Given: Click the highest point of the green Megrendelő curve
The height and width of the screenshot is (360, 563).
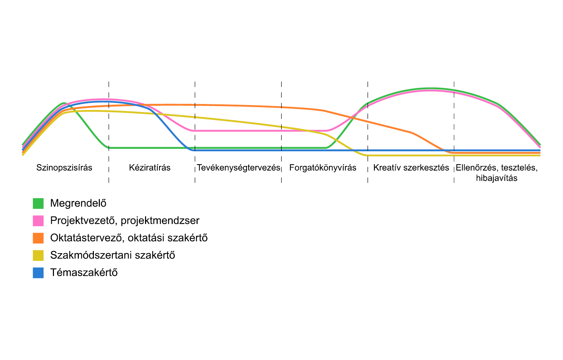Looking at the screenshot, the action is pos(431,88).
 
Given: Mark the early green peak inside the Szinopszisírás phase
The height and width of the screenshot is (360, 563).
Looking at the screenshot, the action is pos(64,103).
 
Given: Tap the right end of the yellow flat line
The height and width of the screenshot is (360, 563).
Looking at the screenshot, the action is pos(540,155).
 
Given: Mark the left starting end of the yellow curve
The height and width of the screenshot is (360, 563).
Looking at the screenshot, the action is pos(23,155).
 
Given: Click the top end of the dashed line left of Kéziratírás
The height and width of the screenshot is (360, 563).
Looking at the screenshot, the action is pos(109,82).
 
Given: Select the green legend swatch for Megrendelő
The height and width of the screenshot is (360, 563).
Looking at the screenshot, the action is pos(38,203).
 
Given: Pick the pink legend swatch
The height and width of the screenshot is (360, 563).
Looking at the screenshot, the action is pos(38,221).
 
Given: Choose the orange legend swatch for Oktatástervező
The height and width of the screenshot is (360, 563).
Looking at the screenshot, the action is pos(38,238).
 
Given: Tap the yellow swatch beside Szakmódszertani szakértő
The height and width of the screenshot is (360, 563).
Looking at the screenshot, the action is pos(38,256).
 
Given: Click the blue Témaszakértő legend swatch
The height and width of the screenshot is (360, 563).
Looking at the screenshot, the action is pos(38,273).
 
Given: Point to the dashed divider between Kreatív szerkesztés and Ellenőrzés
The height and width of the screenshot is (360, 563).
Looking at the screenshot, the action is pos(454,132).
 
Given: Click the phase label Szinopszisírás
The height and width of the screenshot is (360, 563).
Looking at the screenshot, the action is pos(64,168).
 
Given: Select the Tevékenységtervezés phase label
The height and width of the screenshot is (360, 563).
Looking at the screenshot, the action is pos(239,168).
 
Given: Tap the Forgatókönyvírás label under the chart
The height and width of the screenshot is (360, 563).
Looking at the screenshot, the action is pos(323,168).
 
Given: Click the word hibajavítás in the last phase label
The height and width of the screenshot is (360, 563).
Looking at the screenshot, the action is pos(497,178).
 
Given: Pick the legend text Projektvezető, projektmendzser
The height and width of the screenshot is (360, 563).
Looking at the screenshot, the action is pos(125,221).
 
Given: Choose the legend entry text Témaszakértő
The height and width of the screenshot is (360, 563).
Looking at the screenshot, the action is pos(84,272).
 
